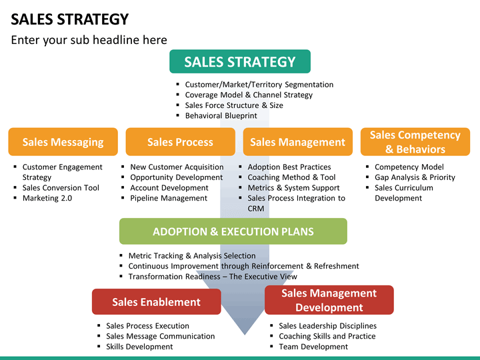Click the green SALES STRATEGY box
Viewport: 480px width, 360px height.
240,61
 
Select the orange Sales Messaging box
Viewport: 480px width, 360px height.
63,142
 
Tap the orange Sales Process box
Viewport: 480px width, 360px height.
180,142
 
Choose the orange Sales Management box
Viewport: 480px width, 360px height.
298,142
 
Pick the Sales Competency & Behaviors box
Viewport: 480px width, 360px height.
415,142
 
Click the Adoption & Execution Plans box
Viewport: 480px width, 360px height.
233,231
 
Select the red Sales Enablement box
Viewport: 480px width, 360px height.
157,302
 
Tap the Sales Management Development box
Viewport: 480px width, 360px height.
329,300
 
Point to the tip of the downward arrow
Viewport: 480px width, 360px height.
245,335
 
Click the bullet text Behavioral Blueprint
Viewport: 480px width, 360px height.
221,116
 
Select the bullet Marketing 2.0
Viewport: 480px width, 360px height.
47,198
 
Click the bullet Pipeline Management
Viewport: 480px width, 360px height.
169,198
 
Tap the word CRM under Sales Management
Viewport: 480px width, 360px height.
256,209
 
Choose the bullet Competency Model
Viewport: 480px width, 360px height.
409,167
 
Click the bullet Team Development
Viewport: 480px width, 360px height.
313,347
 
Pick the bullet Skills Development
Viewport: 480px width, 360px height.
139,347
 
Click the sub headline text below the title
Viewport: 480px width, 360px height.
89,40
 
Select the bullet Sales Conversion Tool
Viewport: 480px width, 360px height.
61,187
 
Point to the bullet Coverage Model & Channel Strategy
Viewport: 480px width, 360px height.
249,95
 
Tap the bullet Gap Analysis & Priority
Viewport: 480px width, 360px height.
415,177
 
